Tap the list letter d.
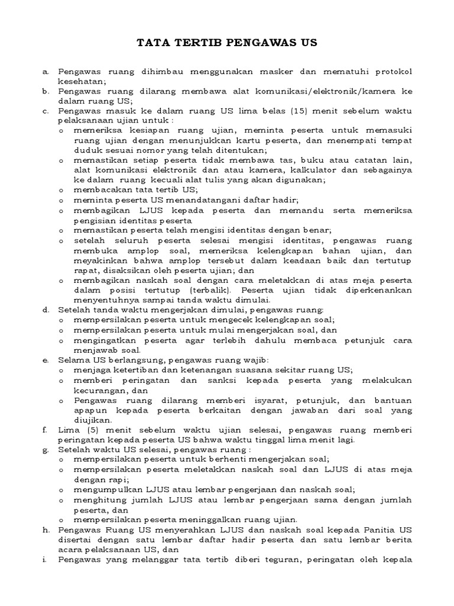[45, 310]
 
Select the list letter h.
[45, 531]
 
